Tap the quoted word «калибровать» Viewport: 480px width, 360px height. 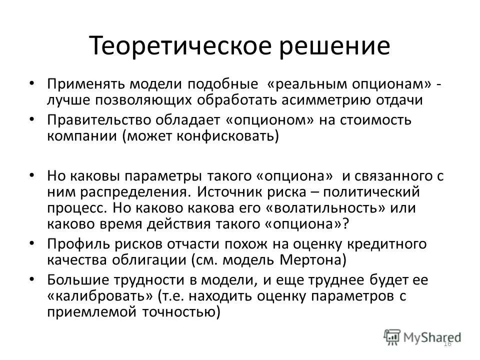100,296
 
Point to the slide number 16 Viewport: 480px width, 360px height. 447,343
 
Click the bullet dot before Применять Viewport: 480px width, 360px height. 31,82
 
